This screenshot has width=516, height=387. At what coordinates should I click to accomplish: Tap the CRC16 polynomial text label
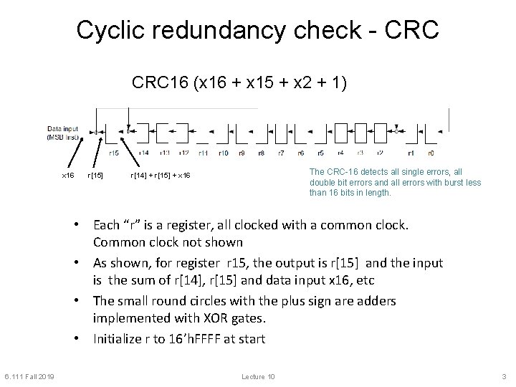(x=240, y=83)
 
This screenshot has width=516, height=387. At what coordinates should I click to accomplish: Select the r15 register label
(x=114, y=153)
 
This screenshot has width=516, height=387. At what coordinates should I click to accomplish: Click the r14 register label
(x=144, y=153)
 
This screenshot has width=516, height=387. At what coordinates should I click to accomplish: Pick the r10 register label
(x=223, y=153)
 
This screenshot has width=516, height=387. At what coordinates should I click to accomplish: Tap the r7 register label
(x=281, y=153)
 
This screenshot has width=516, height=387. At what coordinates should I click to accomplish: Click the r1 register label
(x=410, y=153)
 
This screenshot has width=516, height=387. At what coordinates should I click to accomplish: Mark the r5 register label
(x=320, y=153)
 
